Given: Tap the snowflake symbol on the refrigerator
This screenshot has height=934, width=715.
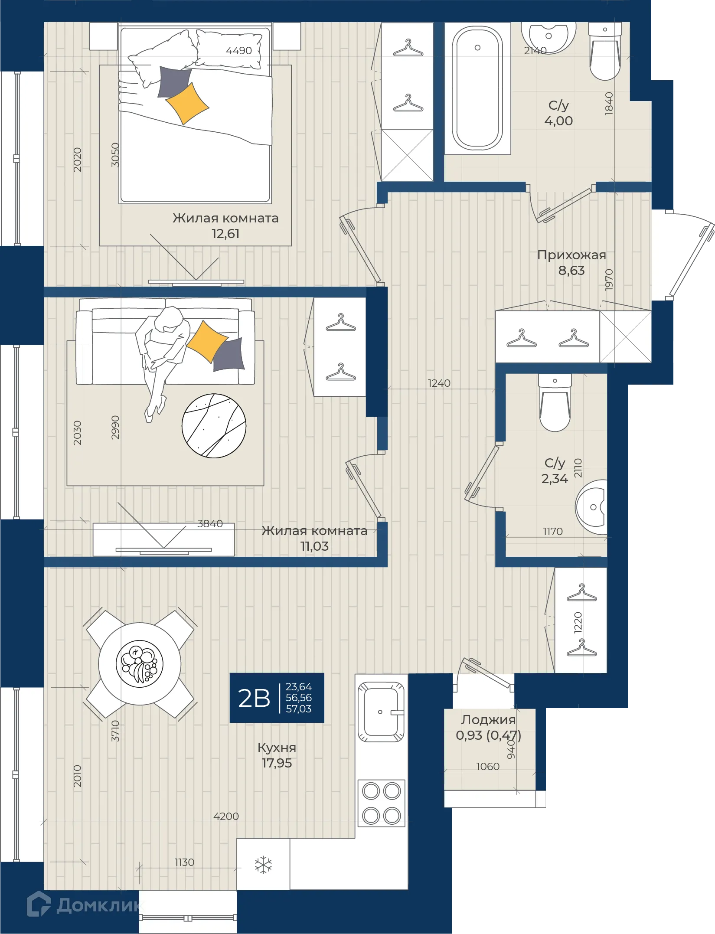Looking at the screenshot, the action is (x=263, y=865).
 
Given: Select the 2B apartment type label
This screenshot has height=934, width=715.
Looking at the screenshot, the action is (x=254, y=698).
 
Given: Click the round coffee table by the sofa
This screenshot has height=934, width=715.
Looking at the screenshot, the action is (x=214, y=425).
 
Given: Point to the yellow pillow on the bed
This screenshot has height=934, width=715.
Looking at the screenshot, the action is (x=187, y=104).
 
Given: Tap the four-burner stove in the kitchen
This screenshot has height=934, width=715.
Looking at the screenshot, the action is (x=382, y=803).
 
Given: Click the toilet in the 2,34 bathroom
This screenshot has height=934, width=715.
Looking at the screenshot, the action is (x=555, y=402).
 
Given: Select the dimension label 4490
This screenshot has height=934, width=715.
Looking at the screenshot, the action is (x=239, y=51).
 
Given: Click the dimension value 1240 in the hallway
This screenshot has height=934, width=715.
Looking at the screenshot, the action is (x=439, y=383).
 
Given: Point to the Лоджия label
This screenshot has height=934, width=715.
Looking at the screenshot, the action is (x=488, y=720).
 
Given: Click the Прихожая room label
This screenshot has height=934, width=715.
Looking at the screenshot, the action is (x=571, y=255).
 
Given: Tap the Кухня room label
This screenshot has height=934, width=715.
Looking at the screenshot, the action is (x=277, y=748).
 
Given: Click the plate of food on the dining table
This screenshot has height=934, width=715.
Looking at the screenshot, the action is (x=139, y=664).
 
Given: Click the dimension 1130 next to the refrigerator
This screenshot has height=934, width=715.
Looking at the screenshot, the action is (x=184, y=862).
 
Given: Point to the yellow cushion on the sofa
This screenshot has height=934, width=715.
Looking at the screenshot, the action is (x=207, y=341).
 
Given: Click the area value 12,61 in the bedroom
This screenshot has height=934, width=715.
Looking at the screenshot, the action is (x=225, y=234).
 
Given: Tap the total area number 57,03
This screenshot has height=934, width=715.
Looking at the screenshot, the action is (x=298, y=709).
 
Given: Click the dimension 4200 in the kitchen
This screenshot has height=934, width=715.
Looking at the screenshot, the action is (x=226, y=816).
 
